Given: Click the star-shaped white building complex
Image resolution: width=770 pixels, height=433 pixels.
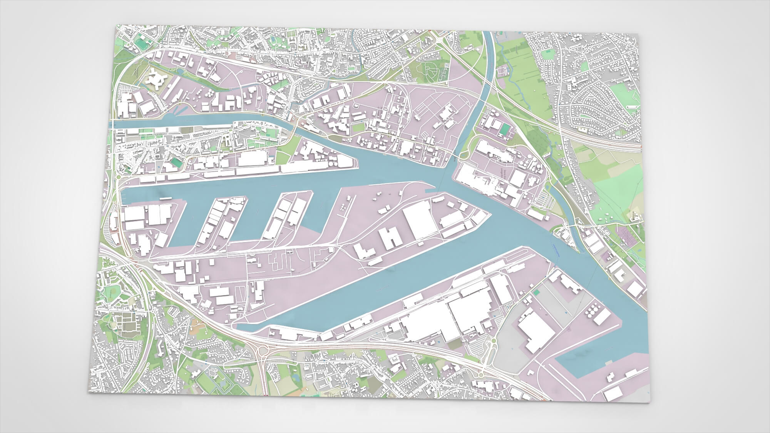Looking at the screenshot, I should (157, 80).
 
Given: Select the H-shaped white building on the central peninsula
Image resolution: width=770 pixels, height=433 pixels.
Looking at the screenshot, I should (391, 236).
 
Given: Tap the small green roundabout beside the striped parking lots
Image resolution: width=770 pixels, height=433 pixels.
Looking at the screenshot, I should (492, 341).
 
